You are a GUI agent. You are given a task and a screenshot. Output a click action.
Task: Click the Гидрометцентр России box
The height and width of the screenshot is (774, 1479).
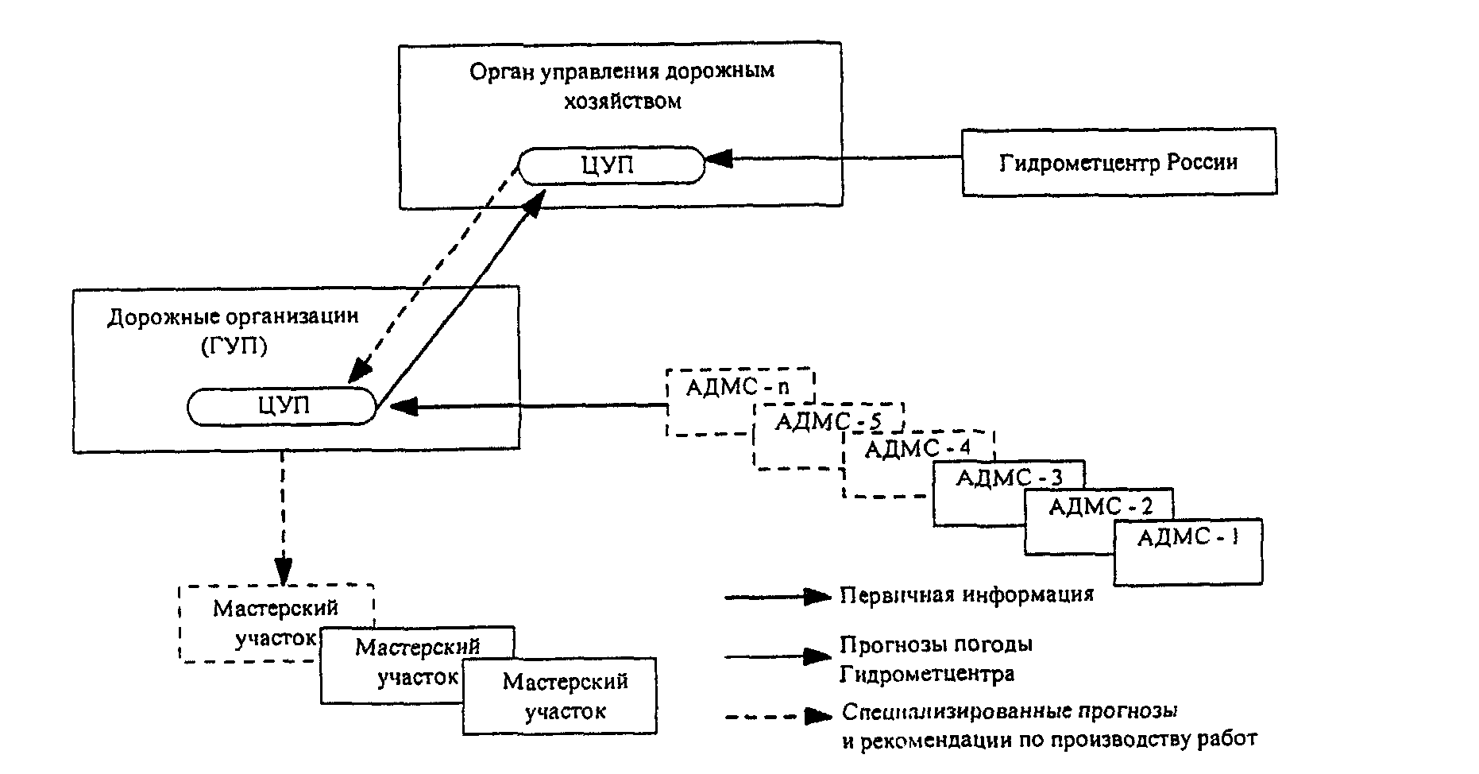[1119, 162]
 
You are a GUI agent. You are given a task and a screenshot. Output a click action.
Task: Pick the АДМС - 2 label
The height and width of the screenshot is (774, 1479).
[1100, 506]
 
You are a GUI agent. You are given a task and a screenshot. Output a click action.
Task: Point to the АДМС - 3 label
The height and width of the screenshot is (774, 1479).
[1009, 478]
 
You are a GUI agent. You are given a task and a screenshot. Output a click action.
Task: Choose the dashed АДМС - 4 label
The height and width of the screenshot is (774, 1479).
[917, 449]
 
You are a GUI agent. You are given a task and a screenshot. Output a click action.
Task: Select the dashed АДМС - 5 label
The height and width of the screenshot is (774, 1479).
[828, 421]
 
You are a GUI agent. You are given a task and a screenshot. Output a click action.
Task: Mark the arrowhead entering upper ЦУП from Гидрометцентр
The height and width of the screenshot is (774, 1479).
[719, 159]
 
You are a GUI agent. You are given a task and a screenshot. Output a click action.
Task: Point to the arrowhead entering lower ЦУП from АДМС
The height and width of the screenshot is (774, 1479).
[404, 407]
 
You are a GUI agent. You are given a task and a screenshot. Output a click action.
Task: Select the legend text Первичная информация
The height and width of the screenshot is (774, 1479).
[967, 594]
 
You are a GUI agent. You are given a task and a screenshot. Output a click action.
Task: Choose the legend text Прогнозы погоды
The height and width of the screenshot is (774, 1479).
[936, 644]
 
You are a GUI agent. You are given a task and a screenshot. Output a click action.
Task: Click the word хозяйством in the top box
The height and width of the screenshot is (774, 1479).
[623, 102]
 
